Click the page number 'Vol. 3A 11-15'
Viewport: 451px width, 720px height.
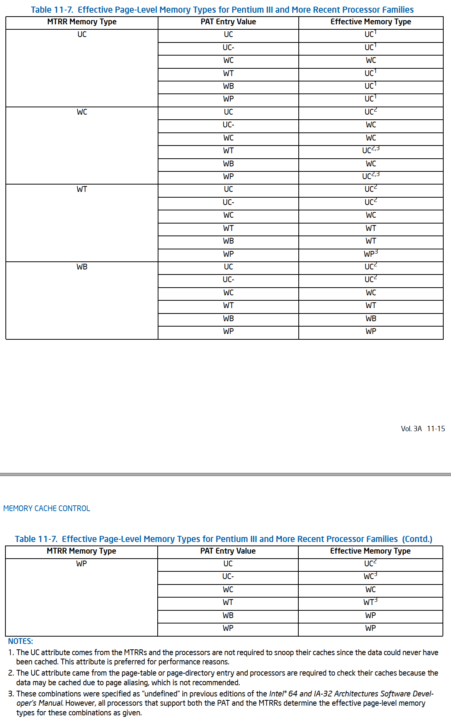tap(423, 429)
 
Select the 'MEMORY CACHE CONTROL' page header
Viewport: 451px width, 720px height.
tap(46, 508)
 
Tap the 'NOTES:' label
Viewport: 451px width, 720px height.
tap(20, 641)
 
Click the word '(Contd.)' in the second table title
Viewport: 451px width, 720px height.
tap(417, 539)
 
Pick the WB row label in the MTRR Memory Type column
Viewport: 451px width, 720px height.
tap(82, 267)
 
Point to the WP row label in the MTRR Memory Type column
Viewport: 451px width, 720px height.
tap(82, 564)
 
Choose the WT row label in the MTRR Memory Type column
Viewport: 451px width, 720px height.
tap(82, 189)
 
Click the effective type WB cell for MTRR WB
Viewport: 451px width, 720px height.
tap(371, 318)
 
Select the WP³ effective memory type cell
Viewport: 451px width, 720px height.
tap(371, 254)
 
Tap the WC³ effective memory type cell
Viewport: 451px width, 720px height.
tap(370, 576)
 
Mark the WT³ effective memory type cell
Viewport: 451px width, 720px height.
tap(370, 602)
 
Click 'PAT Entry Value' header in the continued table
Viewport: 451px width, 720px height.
tap(228, 551)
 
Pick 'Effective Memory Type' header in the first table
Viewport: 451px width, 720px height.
tap(371, 22)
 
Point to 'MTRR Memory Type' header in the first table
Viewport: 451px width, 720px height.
tap(82, 22)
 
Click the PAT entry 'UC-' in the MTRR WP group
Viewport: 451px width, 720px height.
tap(228, 576)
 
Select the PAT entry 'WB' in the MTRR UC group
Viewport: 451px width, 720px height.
tap(228, 86)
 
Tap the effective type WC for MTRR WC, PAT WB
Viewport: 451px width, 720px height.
tap(371, 164)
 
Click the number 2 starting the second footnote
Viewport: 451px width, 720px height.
tap(10, 673)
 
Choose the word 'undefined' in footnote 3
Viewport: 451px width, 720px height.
tap(160, 694)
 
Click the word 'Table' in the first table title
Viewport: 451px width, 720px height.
tap(41, 10)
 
